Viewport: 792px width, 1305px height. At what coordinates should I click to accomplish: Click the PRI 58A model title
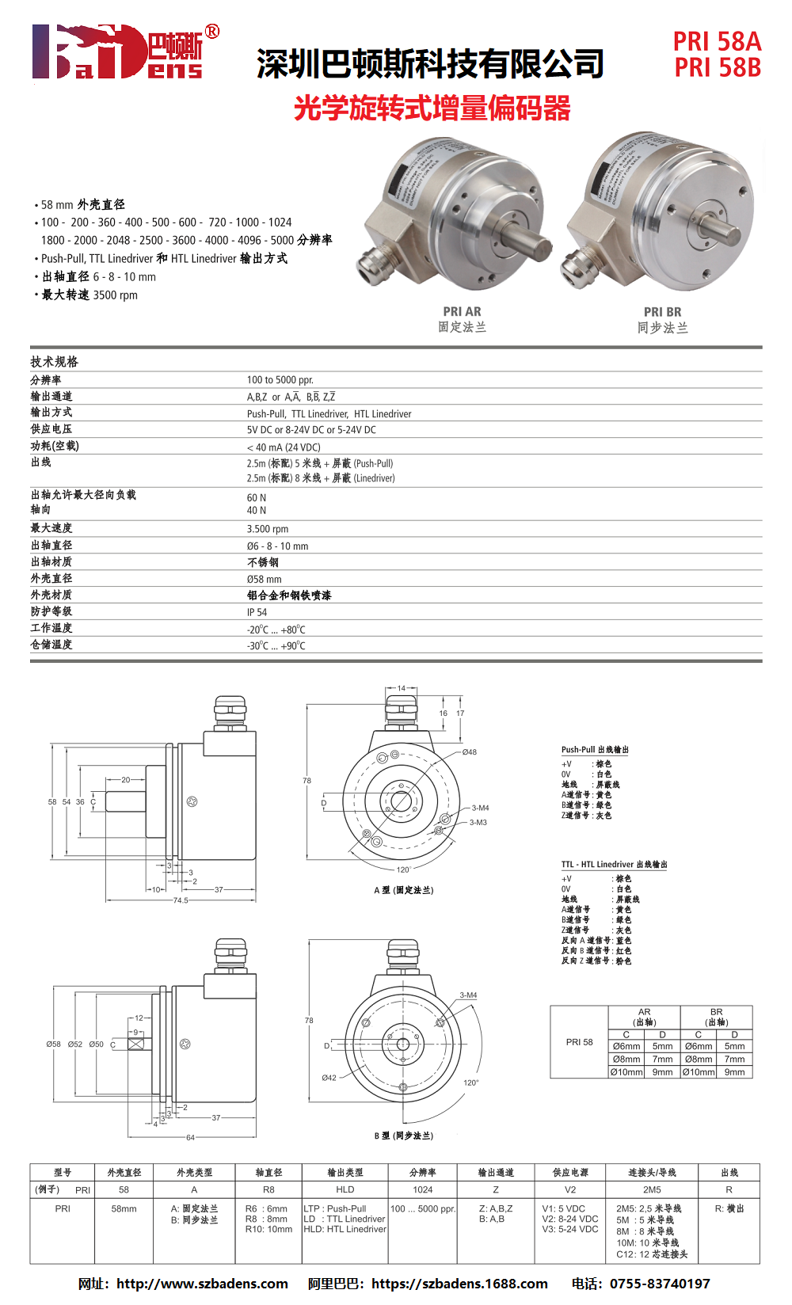718,42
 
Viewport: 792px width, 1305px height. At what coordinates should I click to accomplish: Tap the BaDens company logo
125,51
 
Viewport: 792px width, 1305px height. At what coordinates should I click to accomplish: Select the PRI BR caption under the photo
662,312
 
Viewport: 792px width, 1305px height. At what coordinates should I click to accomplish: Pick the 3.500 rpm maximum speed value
268,529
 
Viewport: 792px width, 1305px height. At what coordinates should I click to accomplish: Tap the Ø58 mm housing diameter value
264,579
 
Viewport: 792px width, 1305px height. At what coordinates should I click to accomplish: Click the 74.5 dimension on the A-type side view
181,900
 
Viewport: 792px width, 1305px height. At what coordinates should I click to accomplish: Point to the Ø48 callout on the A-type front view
469,752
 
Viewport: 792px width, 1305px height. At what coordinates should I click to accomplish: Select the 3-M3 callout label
478,822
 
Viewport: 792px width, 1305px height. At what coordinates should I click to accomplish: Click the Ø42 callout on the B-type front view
329,1078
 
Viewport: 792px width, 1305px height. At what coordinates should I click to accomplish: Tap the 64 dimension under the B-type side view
191,1137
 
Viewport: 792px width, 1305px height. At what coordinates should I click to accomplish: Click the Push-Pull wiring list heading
595,750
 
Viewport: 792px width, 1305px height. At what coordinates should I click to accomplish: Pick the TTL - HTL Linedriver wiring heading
615,865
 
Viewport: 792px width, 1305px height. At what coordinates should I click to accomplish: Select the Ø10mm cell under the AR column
626,1072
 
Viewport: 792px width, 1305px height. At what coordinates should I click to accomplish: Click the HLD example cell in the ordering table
345,1189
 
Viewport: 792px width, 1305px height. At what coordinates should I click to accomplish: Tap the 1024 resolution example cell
422,1189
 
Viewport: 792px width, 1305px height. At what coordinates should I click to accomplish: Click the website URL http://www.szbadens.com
202,1284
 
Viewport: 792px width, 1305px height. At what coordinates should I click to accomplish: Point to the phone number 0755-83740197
660,1284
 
